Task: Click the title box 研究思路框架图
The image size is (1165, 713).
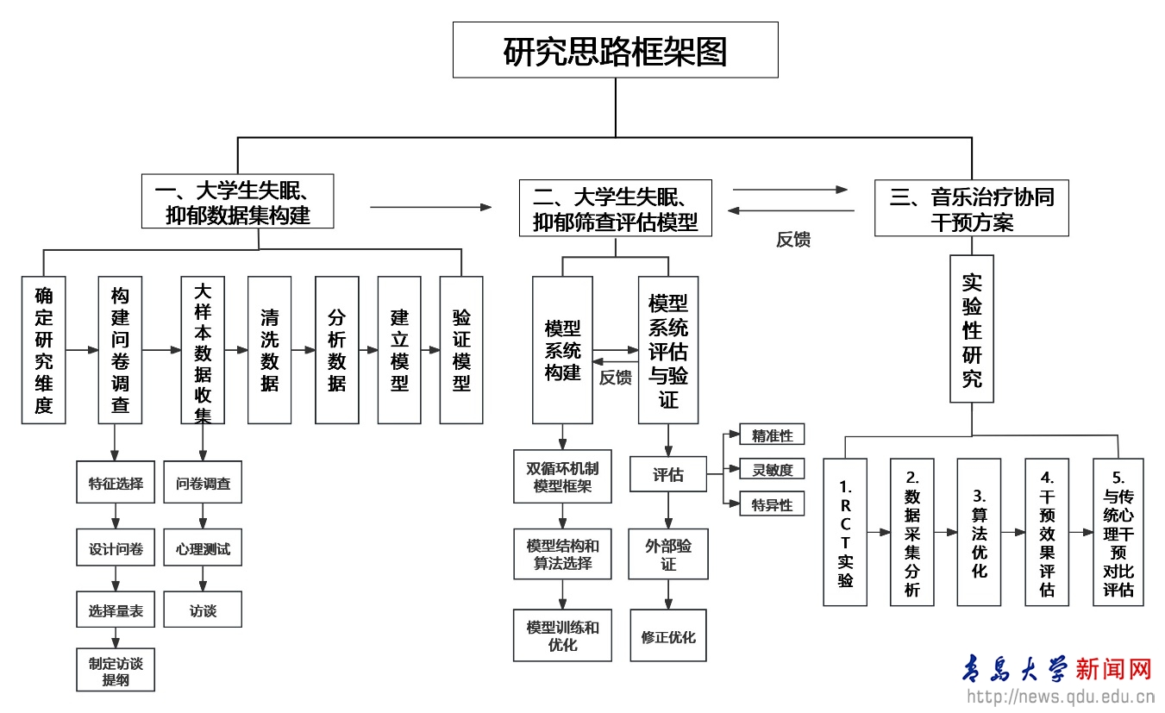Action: [616, 50]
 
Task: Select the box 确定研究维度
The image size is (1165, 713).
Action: [44, 350]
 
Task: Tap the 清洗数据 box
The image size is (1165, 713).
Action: [269, 350]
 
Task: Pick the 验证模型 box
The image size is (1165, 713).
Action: [461, 350]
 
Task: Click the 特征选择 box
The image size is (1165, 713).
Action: [116, 484]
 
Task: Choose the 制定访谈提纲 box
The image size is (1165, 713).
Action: [116, 671]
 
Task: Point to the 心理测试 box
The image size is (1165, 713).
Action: [203, 548]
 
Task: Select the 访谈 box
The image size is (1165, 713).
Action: [203, 610]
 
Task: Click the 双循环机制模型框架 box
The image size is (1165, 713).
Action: [562, 478]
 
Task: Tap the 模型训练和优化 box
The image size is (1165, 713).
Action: [562, 635]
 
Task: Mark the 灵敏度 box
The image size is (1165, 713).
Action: [772, 470]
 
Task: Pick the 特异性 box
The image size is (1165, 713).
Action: [772, 504]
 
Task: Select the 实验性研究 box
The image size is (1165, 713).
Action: [972, 329]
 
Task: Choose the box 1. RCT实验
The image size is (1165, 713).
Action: [845, 532]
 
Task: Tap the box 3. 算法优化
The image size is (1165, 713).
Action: [979, 532]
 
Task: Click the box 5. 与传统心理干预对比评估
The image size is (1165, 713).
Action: [1118, 532]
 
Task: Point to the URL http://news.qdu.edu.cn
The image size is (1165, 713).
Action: [1060, 697]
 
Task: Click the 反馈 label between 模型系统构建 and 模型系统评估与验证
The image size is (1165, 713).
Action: [616, 378]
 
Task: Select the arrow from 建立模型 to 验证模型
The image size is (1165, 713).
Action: [430, 350]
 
